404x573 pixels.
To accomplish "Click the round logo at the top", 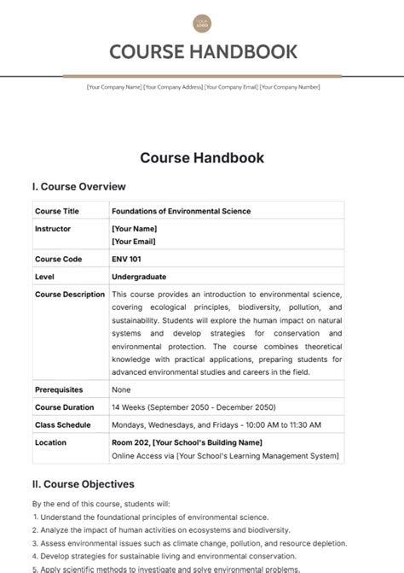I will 202,24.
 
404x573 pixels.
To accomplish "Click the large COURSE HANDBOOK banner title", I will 202,52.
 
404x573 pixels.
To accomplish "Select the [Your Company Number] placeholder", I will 290,87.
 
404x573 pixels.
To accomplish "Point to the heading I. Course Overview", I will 78,186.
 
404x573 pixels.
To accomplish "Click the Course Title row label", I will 57,211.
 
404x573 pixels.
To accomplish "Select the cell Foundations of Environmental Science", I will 181,211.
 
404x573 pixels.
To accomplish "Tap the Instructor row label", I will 53,229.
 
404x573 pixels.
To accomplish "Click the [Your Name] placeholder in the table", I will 134,229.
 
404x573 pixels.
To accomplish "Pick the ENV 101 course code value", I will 127,259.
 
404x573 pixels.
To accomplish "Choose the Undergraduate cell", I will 138,277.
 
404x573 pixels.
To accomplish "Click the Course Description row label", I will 70,295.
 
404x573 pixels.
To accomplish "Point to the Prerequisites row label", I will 59,389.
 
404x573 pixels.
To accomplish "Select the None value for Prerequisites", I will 120,389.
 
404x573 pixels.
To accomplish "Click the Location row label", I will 50,442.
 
